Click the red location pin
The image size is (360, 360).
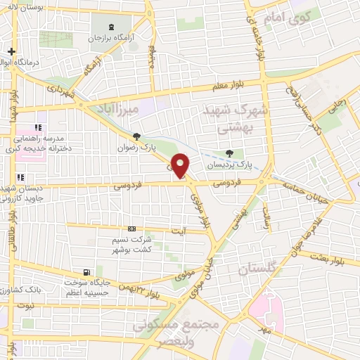click(181, 165)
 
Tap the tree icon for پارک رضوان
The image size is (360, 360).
click(137, 136)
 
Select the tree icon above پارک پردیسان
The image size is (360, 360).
click(229, 153)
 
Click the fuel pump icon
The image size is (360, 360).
click(86, 272)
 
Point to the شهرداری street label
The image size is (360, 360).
click(61, 89)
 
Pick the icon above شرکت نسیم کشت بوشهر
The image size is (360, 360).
click(131, 229)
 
